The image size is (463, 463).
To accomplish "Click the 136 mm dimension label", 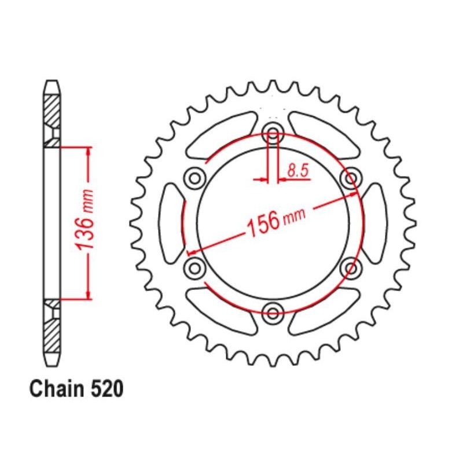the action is pyautogui.click(x=85, y=220).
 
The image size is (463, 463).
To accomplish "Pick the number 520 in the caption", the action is pyautogui.click(x=106, y=388).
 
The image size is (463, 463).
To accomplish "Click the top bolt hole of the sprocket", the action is pyautogui.click(x=273, y=132).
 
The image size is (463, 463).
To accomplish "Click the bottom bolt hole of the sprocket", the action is pyautogui.click(x=273, y=313).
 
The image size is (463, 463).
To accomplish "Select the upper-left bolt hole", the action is pyautogui.click(x=195, y=178).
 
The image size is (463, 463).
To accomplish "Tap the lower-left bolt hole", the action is pyautogui.click(x=195, y=268).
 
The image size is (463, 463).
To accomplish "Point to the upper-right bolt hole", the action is pyautogui.click(x=351, y=178).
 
